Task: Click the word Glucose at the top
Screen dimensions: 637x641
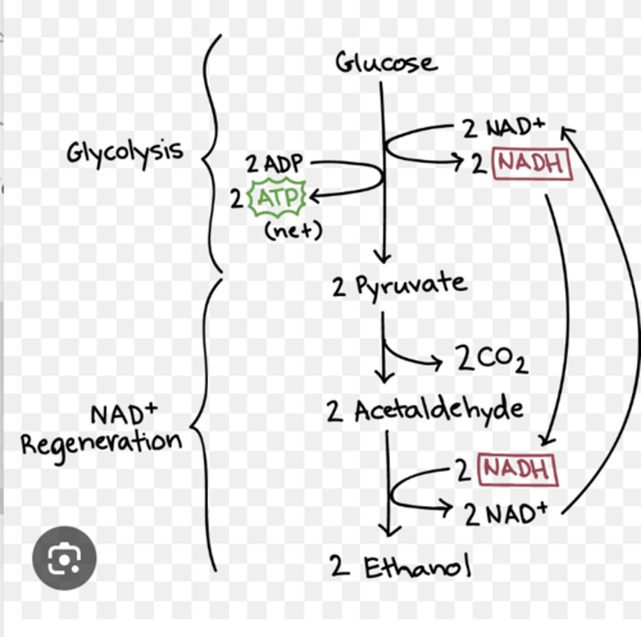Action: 386,63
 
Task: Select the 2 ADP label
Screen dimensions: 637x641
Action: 274,163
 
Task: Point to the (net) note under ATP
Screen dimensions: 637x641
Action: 293,230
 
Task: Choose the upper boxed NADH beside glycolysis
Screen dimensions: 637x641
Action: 532,163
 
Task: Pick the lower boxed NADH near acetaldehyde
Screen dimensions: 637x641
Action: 517,469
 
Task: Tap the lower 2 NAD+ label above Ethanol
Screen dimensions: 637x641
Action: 505,513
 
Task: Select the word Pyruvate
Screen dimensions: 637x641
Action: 411,286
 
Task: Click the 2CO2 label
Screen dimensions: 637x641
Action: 491,359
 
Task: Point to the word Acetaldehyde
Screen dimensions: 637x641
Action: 439,410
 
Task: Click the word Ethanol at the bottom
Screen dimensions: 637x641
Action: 417,567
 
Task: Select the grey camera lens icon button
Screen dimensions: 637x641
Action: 64,558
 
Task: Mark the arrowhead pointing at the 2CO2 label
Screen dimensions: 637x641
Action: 437,363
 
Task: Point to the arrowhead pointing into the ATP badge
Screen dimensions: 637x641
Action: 313,197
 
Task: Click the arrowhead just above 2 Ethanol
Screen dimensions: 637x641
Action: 389,530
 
